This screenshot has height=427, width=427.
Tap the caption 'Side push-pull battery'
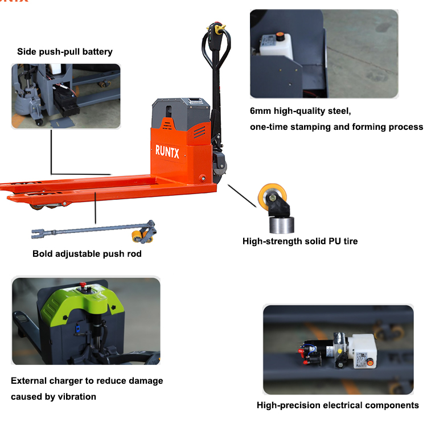(65, 52)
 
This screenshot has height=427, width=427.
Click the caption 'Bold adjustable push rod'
(87, 253)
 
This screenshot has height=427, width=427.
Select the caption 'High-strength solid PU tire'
(300, 241)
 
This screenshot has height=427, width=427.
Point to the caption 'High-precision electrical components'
(338, 405)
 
